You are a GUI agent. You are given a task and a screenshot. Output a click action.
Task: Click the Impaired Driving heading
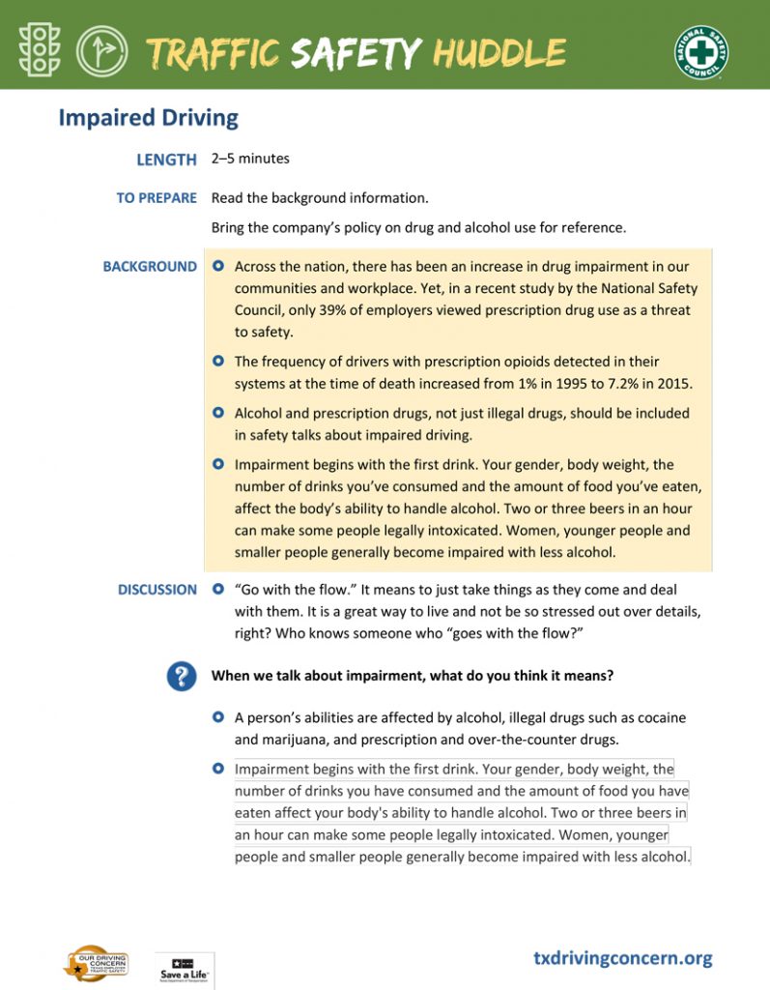tap(148, 118)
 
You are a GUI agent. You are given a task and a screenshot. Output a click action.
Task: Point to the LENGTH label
tap(166, 160)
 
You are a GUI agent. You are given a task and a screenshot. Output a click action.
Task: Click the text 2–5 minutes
tap(250, 159)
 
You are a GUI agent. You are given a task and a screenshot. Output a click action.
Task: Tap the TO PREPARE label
tap(157, 198)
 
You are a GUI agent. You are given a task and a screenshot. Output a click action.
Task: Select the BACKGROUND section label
tap(150, 267)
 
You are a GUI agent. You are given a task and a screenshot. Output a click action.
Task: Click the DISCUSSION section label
tap(157, 590)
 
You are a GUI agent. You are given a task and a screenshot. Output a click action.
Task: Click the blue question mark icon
tap(182, 676)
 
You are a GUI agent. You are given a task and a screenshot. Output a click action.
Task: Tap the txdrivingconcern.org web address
tap(622, 958)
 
